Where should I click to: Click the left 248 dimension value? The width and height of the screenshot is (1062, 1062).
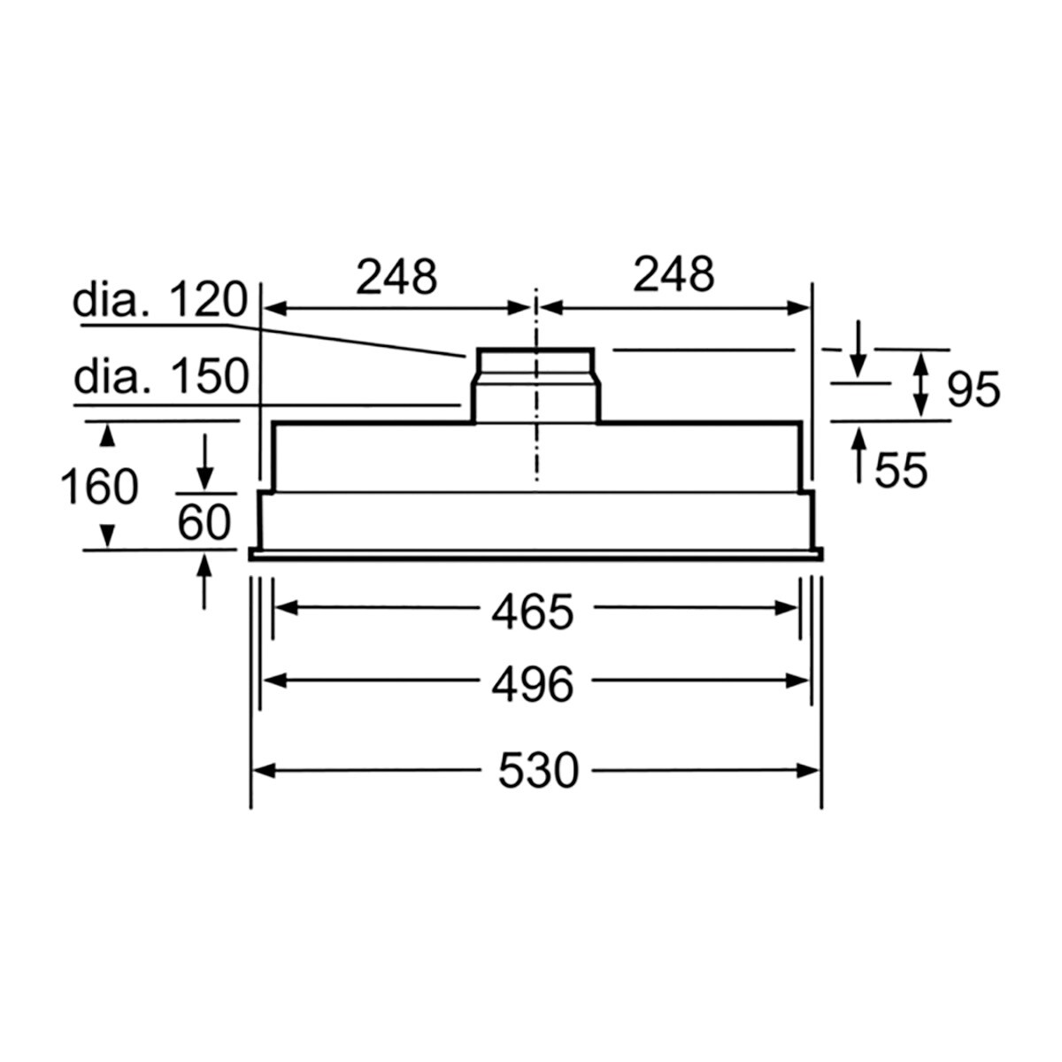click(396, 277)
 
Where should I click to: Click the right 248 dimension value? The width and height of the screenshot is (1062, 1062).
click(673, 274)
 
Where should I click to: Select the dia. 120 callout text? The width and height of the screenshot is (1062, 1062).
click(159, 302)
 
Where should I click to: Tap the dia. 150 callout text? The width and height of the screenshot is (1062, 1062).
click(160, 378)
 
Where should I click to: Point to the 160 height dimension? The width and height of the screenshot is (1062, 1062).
click(99, 487)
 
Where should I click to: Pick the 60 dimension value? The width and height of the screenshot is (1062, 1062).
click(204, 522)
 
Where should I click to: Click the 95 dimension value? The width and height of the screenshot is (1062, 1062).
click(973, 389)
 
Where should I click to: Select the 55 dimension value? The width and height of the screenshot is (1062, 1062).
click(901, 470)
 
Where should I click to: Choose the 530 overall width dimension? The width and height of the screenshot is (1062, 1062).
click(537, 771)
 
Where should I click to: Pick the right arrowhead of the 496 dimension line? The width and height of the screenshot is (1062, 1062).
click(800, 681)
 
